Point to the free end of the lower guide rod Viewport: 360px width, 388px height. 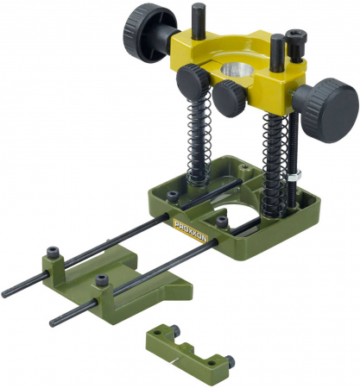point(54,322)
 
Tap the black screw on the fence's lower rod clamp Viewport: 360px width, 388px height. point(104,280)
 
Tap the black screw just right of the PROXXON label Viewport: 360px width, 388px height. point(222,221)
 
